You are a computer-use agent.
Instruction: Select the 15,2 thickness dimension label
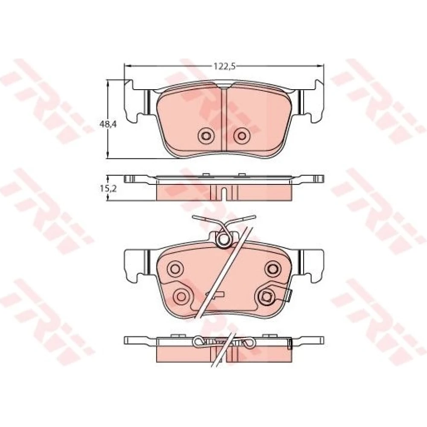click(x=108, y=188)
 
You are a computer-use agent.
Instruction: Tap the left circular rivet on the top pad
click(x=206, y=135)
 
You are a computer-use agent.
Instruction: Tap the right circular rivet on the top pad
click(x=242, y=135)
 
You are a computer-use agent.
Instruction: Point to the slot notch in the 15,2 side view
click(x=224, y=193)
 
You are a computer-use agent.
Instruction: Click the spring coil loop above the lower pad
click(x=224, y=240)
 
